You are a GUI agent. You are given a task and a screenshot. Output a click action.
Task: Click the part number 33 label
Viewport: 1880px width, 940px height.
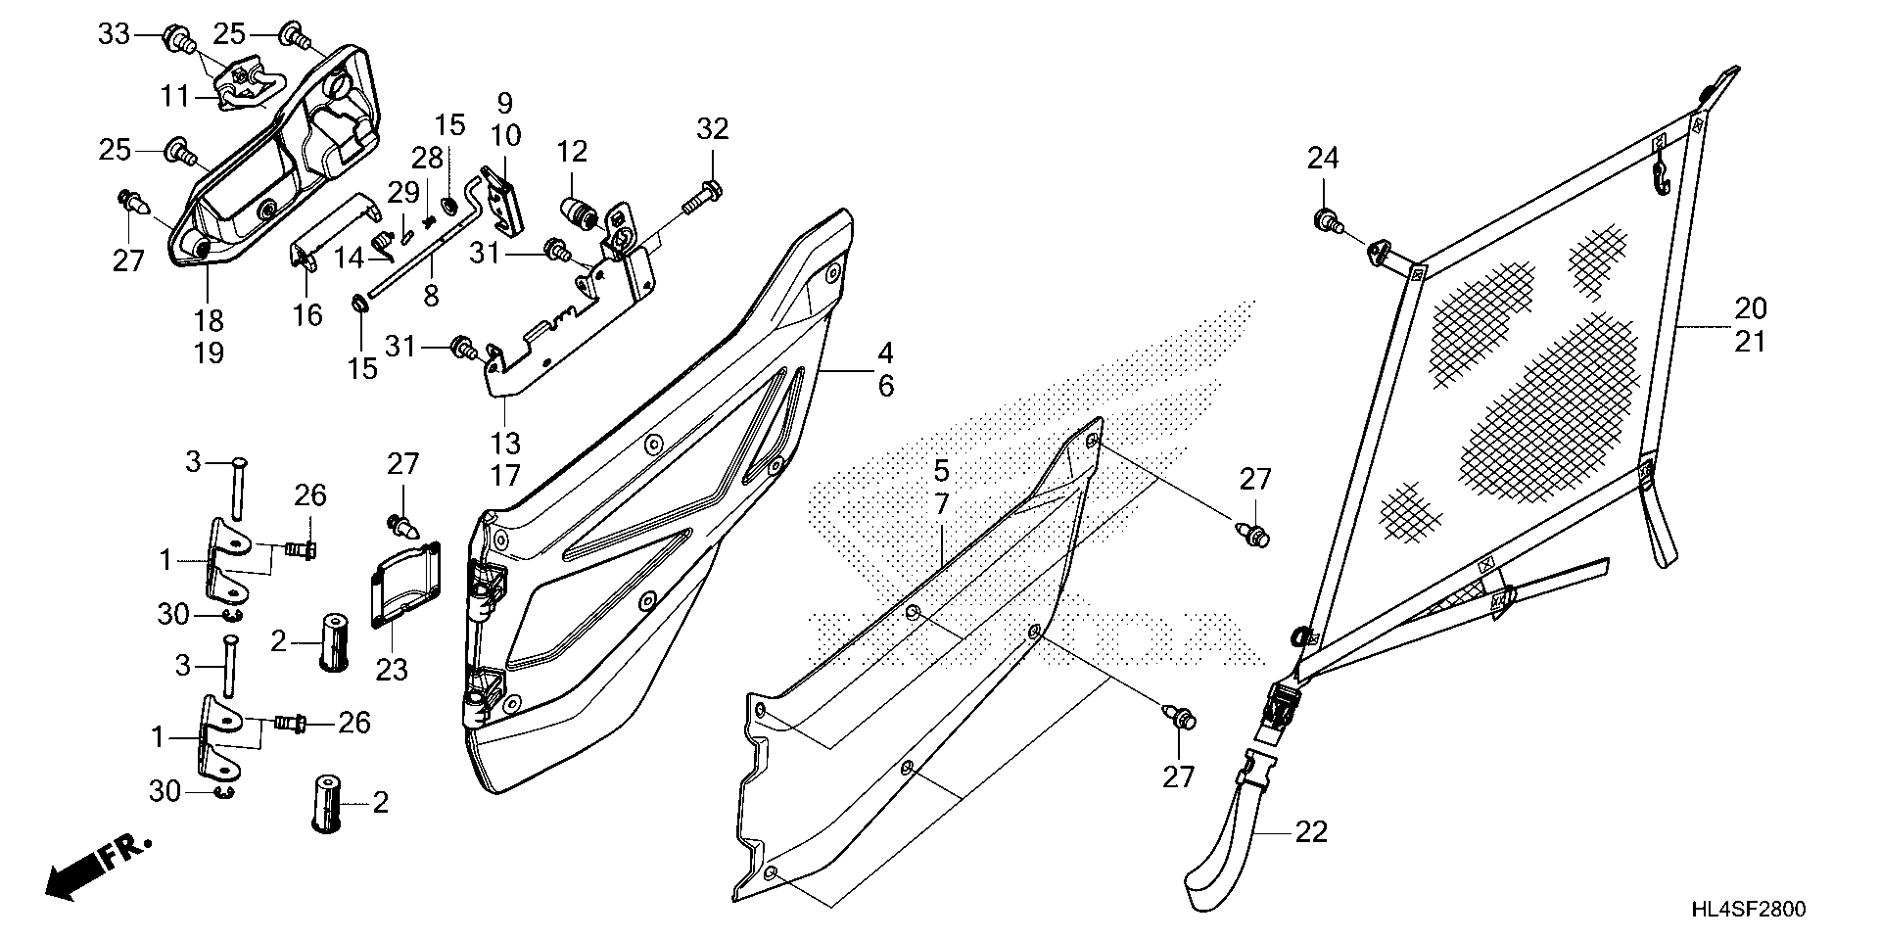[114, 35]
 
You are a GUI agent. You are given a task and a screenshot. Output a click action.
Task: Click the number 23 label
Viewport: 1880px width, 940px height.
[394, 671]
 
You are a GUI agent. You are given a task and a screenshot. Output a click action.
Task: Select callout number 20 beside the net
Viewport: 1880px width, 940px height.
[1751, 308]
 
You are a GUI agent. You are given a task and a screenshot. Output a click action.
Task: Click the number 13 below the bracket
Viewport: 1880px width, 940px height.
[505, 443]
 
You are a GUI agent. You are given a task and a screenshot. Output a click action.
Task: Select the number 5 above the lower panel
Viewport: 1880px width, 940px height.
[941, 471]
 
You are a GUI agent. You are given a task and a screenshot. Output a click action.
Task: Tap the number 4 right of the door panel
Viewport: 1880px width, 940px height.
[884, 352]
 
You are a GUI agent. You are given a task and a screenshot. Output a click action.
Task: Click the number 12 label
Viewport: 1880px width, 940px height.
[573, 152]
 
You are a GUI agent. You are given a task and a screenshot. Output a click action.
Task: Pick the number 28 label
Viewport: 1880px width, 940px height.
[427, 157]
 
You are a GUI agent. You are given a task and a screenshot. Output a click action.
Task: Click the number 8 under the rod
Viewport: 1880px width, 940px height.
[431, 295]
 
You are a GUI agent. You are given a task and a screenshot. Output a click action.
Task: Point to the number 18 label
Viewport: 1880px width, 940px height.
[209, 320]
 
